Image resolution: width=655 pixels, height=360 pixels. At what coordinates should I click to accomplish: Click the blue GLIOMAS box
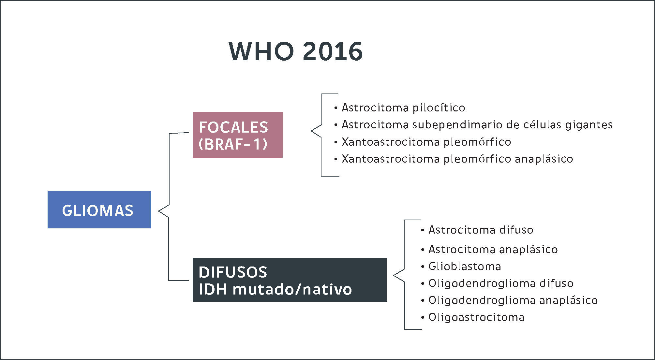(99, 210)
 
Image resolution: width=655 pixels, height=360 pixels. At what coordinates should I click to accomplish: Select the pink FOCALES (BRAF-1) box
(237, 135)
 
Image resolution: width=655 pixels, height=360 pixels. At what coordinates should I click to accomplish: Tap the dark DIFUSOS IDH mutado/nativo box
(289, 280)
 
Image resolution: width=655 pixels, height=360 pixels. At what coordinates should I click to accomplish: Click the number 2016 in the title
(333, 51)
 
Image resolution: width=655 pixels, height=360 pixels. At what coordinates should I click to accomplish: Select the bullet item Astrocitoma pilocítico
(403, 108)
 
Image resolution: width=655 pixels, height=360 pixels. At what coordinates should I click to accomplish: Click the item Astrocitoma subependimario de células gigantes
(477, 124)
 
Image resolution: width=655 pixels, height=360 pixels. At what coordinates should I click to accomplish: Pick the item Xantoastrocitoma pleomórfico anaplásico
(457, 159)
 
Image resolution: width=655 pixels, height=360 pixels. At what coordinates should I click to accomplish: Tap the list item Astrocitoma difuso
(481, 230)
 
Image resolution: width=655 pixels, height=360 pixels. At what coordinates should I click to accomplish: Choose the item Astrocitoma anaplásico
(493, 249)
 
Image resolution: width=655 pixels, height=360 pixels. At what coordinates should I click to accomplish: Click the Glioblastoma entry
(465, 266)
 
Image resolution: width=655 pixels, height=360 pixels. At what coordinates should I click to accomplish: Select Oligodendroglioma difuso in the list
(500, 283)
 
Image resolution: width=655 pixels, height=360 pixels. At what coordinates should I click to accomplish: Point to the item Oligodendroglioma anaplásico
(513, 300)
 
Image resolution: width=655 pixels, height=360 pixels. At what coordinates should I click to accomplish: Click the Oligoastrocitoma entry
(476, 317)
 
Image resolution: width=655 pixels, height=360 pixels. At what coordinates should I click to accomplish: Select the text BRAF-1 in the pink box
(233, 144)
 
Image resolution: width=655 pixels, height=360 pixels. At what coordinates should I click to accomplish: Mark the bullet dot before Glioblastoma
(423, 267)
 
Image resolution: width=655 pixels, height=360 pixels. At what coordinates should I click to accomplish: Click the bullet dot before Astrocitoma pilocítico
(336, 108)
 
